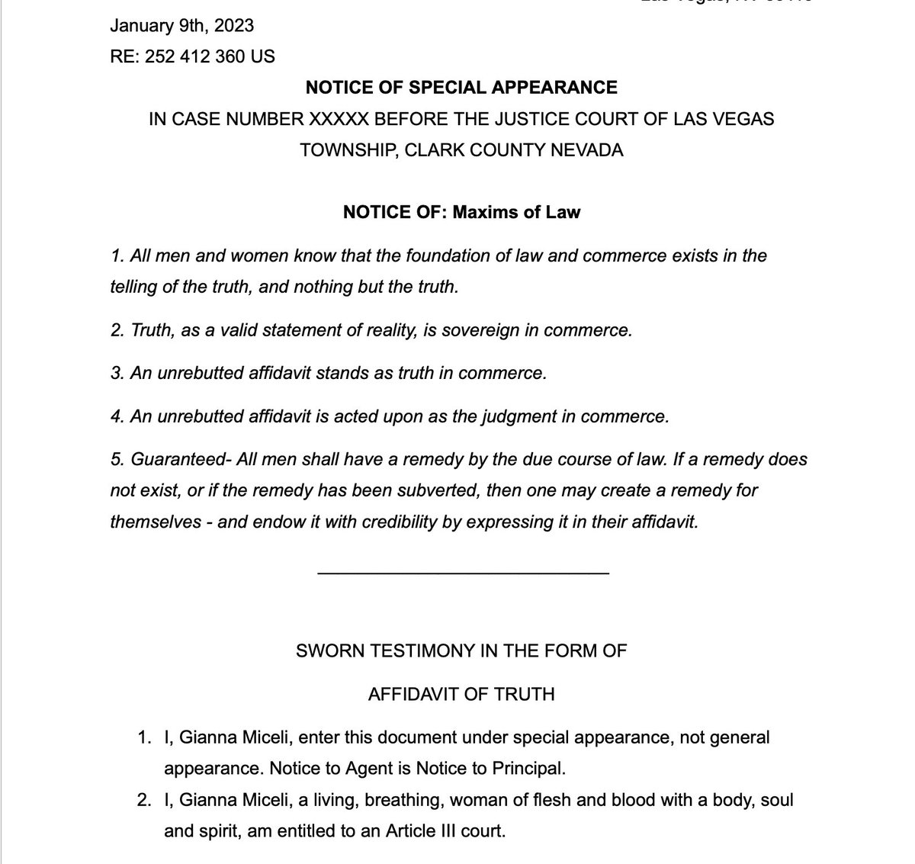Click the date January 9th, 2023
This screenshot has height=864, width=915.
182,26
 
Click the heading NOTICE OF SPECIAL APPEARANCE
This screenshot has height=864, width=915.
461,88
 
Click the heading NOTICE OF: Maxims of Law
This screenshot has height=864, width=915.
461,212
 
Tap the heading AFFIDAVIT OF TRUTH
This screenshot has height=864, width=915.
461,695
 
